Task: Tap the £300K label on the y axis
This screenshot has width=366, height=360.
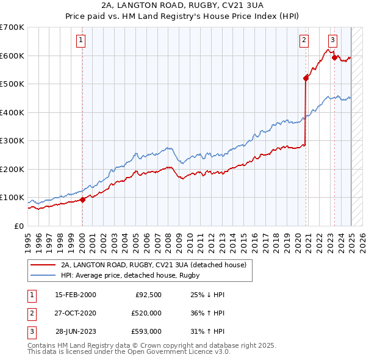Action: [12, 141]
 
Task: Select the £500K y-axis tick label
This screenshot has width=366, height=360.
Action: [12, 84]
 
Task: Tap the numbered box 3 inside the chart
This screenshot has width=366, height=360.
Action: [332, 40]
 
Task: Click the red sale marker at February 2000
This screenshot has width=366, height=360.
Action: [82, 200]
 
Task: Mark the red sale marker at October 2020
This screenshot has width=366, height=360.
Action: [306, 78]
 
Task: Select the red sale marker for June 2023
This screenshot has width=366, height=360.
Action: [334, 58]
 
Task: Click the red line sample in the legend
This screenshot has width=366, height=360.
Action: [44, 265]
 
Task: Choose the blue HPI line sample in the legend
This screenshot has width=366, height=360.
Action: [44, 275]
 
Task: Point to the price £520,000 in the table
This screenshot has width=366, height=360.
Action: [146, 313]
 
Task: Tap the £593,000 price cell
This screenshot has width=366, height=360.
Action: [146, 331]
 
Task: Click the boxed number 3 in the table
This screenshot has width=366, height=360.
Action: [31, 331]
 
